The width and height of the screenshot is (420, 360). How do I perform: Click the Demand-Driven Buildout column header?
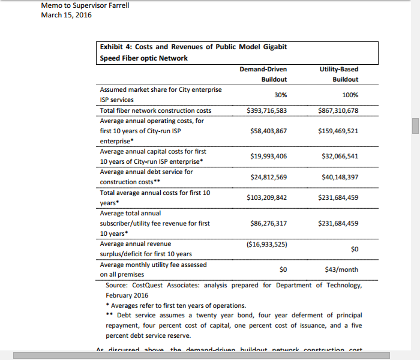coord(263,74)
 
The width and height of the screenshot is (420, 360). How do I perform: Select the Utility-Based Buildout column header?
coord(339,74)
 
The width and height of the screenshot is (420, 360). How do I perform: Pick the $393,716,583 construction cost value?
coord(266,110)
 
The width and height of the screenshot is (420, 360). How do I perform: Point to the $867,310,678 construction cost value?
coord(338,110)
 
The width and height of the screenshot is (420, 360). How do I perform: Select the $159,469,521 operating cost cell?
coord(338,130)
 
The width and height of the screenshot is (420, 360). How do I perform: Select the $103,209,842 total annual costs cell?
coord(266,197)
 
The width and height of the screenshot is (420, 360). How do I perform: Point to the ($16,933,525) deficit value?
coord(266,244)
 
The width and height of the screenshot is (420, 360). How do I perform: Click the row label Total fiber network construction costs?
coord(155,110)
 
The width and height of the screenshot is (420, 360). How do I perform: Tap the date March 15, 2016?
coord(66,15)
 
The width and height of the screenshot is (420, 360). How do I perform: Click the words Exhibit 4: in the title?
coord(116,47)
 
